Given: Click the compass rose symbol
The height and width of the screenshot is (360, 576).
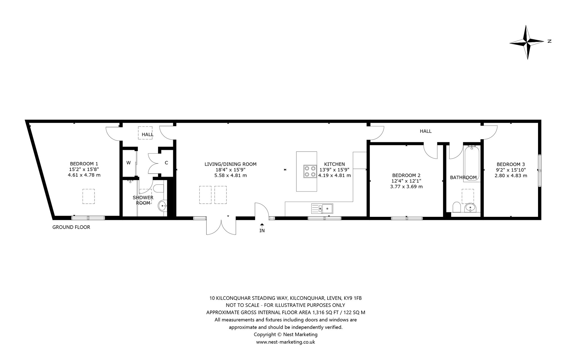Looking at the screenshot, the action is click(527, 42).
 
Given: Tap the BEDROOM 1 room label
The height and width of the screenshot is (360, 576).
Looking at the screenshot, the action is click(84, 164).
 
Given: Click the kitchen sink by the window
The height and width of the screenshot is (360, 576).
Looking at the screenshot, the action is click(322, 208).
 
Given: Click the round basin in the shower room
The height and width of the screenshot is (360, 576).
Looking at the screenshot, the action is click(163, 206).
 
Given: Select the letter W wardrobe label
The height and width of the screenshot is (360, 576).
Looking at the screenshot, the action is click(129, 163).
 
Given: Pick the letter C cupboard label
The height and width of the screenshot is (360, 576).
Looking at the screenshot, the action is click(166, 163).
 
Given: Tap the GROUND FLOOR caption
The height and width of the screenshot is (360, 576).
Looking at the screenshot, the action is click(71, 227).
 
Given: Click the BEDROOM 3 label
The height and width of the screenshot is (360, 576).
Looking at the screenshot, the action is click(511, 165).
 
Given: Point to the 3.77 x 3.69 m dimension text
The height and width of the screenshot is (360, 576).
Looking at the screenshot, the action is click(406, 186).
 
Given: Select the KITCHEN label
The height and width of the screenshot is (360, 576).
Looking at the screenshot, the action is click(334, 164).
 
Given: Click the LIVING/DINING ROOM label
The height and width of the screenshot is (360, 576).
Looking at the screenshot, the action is click(230, 164).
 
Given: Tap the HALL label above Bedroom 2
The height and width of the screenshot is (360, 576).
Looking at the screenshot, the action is click(426, 131).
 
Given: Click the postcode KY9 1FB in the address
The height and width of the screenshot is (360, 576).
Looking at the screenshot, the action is click(353, 298).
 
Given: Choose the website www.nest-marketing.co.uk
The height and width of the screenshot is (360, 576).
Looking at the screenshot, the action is click(285, 342).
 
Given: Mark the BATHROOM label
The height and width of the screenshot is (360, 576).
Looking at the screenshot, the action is click(463, 177).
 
